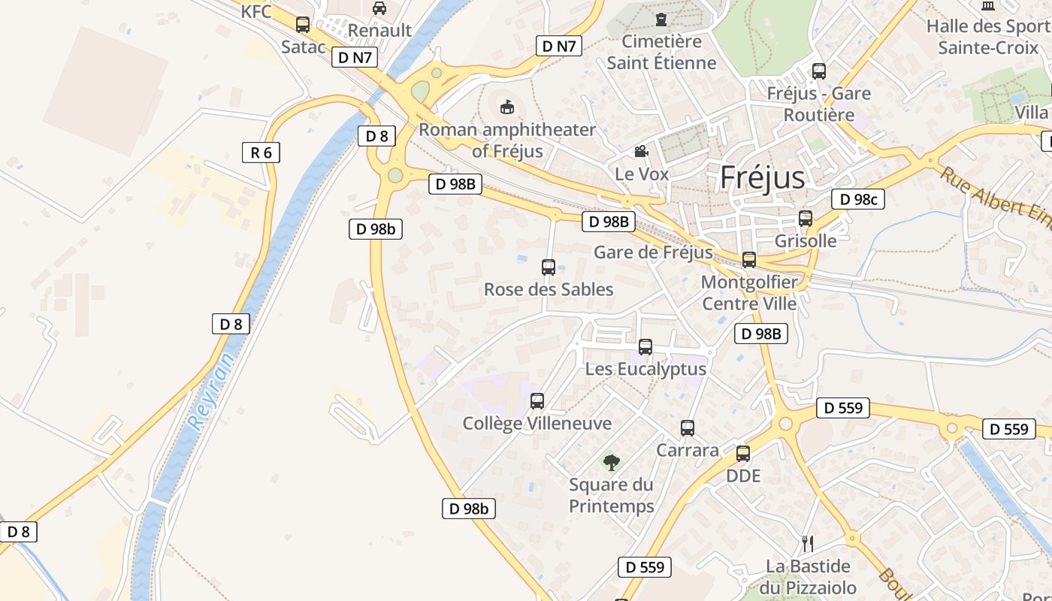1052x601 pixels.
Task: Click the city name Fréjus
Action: point(762,178)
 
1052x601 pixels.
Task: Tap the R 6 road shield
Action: point(261,153)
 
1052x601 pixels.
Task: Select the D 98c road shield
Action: point(857,199)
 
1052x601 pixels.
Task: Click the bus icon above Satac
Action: point(303,25)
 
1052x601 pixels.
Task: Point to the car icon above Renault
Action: point(379,8)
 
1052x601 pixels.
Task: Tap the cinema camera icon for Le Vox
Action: point(641,152)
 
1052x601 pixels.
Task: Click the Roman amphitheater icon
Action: point(507,107)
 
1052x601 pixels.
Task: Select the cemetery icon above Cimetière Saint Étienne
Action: point(661,19)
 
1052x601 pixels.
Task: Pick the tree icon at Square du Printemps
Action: point(612,462)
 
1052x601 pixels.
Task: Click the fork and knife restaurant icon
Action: point(808,544)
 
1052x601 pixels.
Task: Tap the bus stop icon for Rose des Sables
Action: point(549,267)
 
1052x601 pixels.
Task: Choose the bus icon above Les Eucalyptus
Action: point(645,347)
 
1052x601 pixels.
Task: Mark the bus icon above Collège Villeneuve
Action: point(537,401)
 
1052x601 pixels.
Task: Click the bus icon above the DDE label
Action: point(743,454)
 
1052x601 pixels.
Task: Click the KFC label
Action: point(256,11)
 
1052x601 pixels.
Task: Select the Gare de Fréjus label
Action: point(653,252)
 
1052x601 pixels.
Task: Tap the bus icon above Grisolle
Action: point(806,219)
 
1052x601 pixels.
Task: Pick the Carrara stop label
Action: point(688,450)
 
